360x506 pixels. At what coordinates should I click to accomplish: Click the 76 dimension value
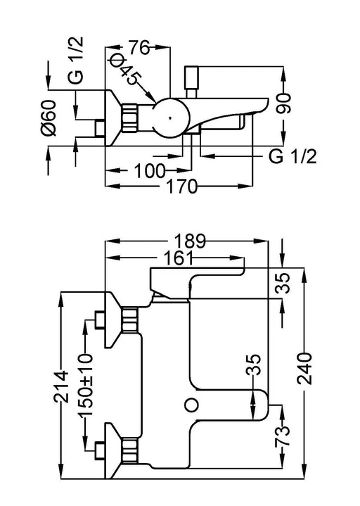point(140,48)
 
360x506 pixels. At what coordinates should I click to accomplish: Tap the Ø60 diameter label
point(49,118)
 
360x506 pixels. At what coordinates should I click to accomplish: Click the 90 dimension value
point(283,103)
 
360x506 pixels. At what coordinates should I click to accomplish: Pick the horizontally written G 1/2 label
point(292,157)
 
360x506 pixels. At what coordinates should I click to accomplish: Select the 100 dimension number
point(150,170)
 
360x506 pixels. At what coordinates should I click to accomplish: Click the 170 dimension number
point(181,186)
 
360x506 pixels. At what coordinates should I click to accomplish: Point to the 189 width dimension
point(190,241)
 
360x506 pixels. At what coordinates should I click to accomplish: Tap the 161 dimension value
point(178,258)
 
